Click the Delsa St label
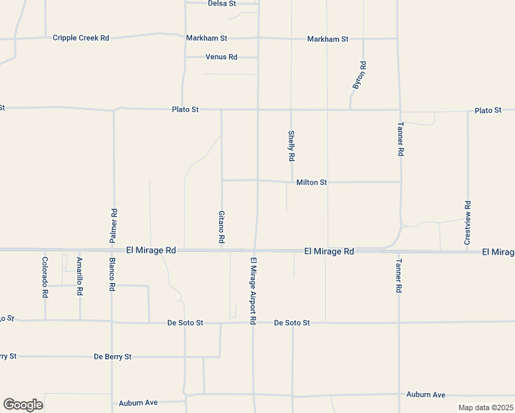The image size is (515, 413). (x=222, y=3)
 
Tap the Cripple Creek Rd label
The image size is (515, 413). (x=81, y=38)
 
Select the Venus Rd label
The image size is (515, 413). (x=221, y=56)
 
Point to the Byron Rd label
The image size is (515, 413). (x=359, y=75)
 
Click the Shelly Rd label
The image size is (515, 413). (x=292, y=146)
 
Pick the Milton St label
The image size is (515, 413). (x=311, y=182)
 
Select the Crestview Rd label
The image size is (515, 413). (x=467, y=224)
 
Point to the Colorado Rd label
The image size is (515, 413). (x=45, y=277)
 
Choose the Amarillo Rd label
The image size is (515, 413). (x=80, y=277)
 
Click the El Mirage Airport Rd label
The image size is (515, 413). (x=253, y=290)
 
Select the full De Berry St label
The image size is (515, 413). (x=112, y=357)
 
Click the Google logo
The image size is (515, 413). (x=23, y=405)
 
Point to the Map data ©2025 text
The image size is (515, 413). (x=485, y=407)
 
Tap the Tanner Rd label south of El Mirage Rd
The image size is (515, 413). (x=399, y=277)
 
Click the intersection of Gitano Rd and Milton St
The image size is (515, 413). (x=221, y=180)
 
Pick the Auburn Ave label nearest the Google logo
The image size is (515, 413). (x=138, y=403)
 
